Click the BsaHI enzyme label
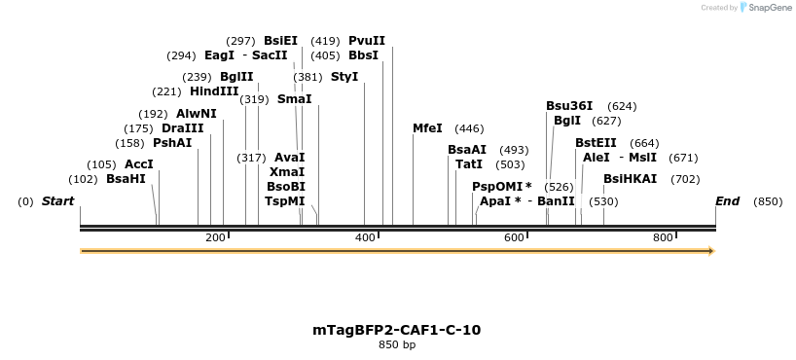pyautogui.click(x=126, y=179)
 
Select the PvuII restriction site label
pyautogui.click(x=367, y=41)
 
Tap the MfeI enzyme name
pyautogui.click(x=427, y=128)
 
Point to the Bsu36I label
pyautogui.click(x=569, y=106)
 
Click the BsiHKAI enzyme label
pyautogui.click(x=631, y=179)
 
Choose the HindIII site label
pyautogui.click(x=214, y=91)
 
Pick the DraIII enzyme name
pyautogui.click(x=183, y=128)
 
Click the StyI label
pyautogui.click(x=344, y=77)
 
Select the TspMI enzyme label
pyautogui.click(x=285, y=201)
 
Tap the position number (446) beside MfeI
pyautogui.click(x=469, y=128)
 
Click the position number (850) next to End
pyautogui.click(x=768, y=201)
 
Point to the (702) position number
pyautogui.click(x=685, y=179)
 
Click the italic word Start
pyautogui.click(x=57, y=201)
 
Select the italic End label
pyautogui.click(x=727, y=201)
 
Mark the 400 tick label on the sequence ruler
pyautogui.click(x=366, y=238)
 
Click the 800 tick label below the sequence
pyautogui.click(x=664, y=238)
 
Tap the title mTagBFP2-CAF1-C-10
pyautogui.click(x=396, y=330)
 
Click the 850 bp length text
pyautogui.click(x=396, y=345)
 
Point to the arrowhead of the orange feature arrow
pyautogui.click(x=711, y=251)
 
